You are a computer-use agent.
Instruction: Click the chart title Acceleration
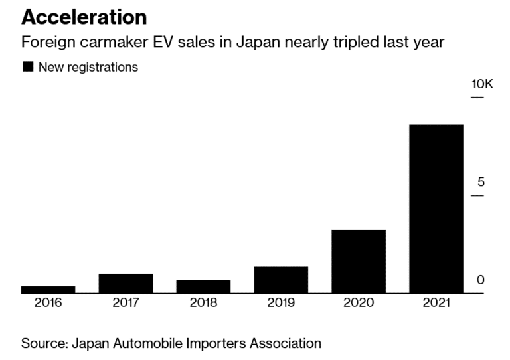(x=84, y=16)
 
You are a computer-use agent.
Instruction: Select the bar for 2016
(x=48, y=290)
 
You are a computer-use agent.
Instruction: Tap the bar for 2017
(x=126, y=283)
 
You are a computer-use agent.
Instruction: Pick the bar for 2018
(x=203, y=286)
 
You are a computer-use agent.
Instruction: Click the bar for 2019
(x=281, y=280)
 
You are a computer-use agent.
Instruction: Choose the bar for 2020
(x=359, y=261)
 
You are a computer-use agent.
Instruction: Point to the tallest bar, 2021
(x=436, y=209)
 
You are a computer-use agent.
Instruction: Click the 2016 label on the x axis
(x=48, y=303)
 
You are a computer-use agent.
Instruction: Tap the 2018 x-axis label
(x=203, y=303)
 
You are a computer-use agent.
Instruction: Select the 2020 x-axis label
(x=359, y=303)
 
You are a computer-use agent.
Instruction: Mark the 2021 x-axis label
(x=436, y=303)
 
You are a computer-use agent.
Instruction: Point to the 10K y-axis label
(x=482, y=84)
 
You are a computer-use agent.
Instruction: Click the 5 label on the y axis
(x=481, y=183)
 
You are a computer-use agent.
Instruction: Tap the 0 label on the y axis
(x=481, y=280)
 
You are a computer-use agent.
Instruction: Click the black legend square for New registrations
(x=28, y=67)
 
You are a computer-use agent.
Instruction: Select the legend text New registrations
(x=88, y=67)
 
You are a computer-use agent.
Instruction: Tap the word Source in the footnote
(x=43, y=343)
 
